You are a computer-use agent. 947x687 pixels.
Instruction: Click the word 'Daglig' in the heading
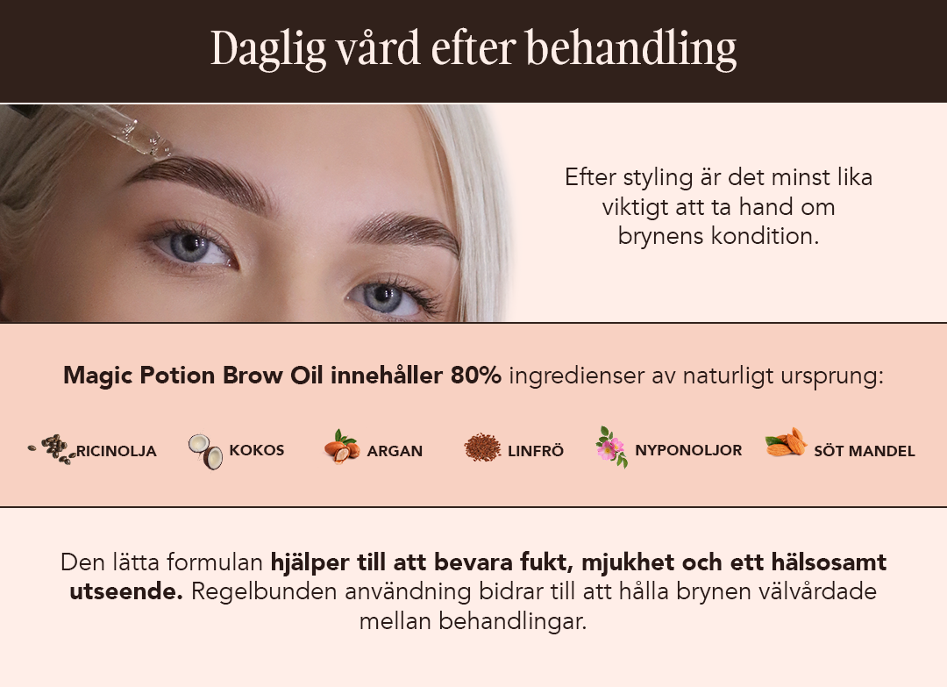(268, 49)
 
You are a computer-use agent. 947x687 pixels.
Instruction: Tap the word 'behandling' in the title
(631, 48)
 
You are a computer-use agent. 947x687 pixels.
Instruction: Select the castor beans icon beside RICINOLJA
(52, 449)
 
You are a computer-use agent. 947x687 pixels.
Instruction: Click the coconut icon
(205, 451)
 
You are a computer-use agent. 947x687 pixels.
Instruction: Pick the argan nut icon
(342, 447)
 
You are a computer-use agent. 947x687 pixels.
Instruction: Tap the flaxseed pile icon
(482, 447)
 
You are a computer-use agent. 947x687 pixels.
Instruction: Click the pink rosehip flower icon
(611, 447)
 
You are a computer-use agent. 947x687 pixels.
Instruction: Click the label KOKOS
(257, 450)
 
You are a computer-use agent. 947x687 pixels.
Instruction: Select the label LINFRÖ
(536, 451)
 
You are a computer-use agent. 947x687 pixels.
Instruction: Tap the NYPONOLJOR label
(688, 450)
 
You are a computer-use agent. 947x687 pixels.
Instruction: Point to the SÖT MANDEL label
(865, 451)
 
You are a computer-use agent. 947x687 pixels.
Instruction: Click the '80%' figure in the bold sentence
(476, 376)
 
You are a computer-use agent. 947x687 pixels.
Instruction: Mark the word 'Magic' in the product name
(97, 376)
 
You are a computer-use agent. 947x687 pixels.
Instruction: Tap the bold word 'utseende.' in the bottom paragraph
(126, 591)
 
